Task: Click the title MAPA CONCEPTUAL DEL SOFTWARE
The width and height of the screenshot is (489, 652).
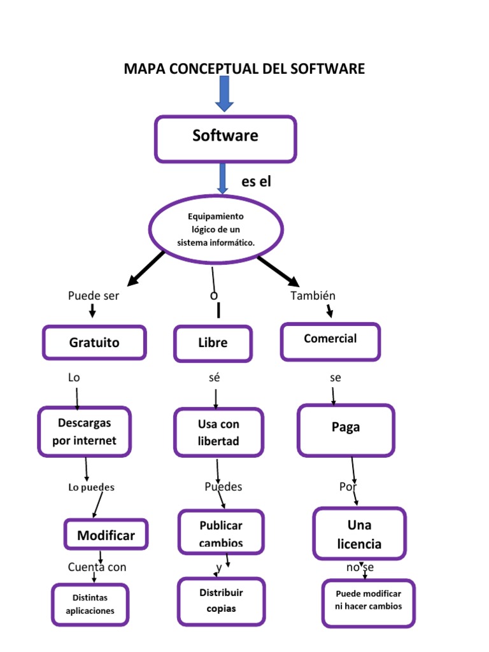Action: click(244, 69)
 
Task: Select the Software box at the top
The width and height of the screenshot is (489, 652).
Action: click(225, 138)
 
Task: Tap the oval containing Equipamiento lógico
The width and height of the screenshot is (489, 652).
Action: click(215, 230)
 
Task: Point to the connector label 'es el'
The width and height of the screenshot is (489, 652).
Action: click(256, 181)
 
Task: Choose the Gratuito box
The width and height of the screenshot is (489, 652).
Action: click(94, 343)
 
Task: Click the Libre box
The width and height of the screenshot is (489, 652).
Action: click(213, 343)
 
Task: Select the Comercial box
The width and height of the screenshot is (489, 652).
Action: click(330, 341)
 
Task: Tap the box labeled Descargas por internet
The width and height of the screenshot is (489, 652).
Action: click(85, 432)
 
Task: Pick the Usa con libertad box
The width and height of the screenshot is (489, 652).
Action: click(218, 432)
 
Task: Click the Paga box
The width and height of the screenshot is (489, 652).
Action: click(346, 430)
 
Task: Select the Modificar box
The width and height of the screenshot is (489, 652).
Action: click(106, 535)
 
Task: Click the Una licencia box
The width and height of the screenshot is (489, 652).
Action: click(359, 534)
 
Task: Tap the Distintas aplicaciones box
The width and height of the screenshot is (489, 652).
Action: click(90, 604)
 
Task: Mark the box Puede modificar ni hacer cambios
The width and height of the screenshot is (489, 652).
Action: click(368, 602)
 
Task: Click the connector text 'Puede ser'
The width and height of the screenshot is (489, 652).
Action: click(94, 295)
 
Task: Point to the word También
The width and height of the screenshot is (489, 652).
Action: click(313, 295)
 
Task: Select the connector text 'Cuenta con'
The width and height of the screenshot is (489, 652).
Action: click(97, 567)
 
